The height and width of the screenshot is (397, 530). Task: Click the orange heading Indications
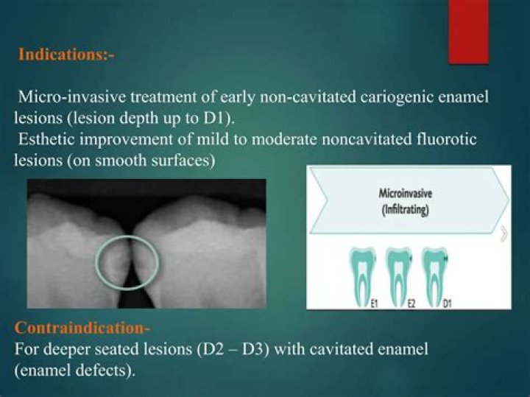[65, 55]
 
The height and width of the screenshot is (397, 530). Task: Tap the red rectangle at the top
[469, 31]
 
